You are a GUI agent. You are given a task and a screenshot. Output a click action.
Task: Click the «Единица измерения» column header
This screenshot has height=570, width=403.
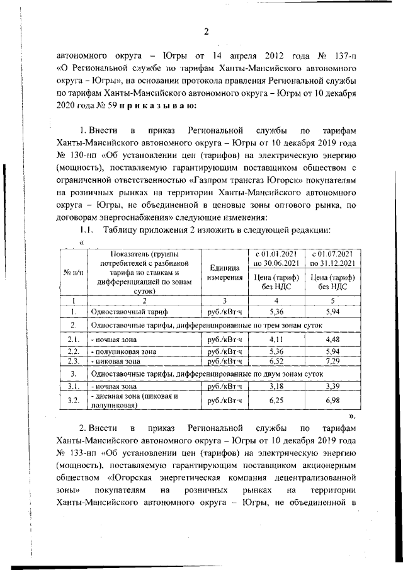point(225,272)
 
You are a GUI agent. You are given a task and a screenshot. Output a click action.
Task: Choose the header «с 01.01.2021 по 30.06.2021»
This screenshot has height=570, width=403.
point(275,258)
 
